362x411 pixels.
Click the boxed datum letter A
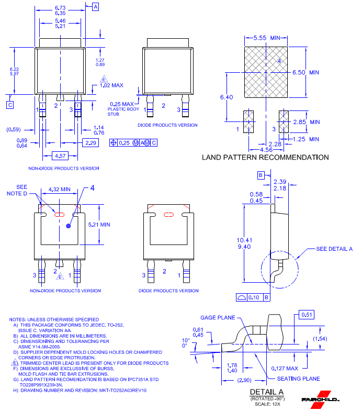(x=96, y=7)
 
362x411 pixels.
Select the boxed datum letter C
(x=10, y=105)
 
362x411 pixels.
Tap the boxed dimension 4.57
(x=61, y=156)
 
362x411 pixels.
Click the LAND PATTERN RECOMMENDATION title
(x=265, y=157)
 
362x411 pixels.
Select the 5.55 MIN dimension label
(x=267, y=38)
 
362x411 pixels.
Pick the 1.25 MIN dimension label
(x=306, y=139)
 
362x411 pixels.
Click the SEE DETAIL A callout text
(x=334, y=249)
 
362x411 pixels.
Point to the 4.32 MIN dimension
(x=59, y=189)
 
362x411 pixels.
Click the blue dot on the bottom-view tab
(x=68, y=227)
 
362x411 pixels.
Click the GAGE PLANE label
(x=218, y=317)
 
